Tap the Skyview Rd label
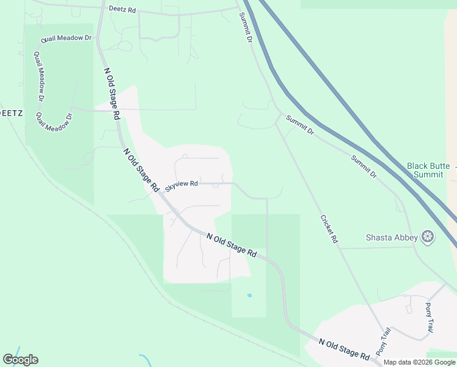pyautogui.click(x=181, y=184)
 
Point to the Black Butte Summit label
pyautogui.click(x=428, y=170)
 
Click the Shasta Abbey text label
pyautogui.click(x=392, y=237)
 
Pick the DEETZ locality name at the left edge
pyautogui.click(x=12, y=113)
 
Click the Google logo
pyautogui.click(x=20, y=360)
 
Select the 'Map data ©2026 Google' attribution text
pyautogui.click(x=419, y=362)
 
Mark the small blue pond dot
pyautogui.click(x=249, y=295)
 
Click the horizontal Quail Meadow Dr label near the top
pyautogui.click(x=66, y=39)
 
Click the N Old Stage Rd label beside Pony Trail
pyautogui.click(x=345, y=349)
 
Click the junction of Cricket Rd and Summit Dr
pyautogui.click(x=277, y=122)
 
